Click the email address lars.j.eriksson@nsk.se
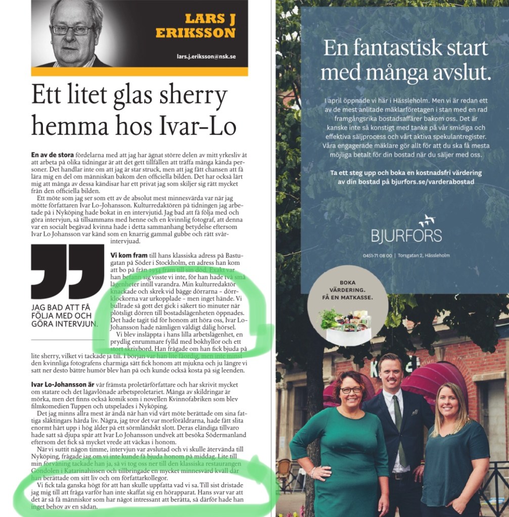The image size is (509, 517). click(x=206, y=57)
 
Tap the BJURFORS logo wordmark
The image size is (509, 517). click(x=406, y=235)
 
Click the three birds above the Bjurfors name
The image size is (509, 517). click(x=427, y=220)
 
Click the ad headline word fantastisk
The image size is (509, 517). click(x=407, y=48)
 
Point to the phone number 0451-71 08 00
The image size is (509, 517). click(x=378, y=255)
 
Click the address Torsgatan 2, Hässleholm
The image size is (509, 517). click(x=423, y=255)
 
